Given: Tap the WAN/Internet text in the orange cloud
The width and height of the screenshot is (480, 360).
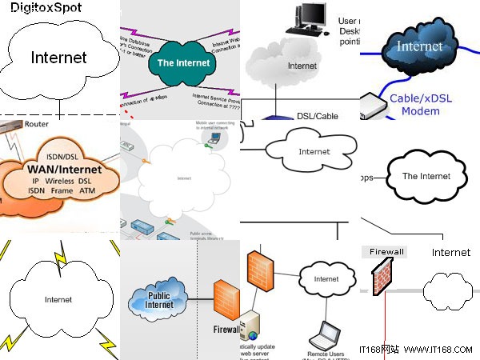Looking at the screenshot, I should tap(64, 170).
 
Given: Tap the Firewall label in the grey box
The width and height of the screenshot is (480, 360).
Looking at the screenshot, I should tap(386, 251).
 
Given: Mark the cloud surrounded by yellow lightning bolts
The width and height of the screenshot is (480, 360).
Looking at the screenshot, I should tap(58, 299).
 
